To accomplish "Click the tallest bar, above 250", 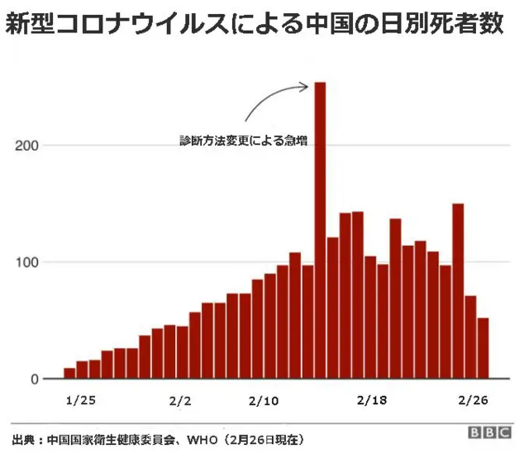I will coord(320,232).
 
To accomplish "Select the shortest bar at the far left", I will coord(69,374).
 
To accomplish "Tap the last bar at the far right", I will coord(483,349).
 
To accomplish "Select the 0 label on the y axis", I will coord(36,380).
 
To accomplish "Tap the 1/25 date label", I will coord(80,400).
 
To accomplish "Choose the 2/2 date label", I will coord(180,400).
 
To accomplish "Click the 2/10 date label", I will coord(264,400).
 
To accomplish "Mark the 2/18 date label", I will coord(371,400).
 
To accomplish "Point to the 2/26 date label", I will coord(473,400).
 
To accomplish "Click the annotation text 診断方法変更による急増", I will coord(244,141).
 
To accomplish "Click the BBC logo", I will coord(491,433).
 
